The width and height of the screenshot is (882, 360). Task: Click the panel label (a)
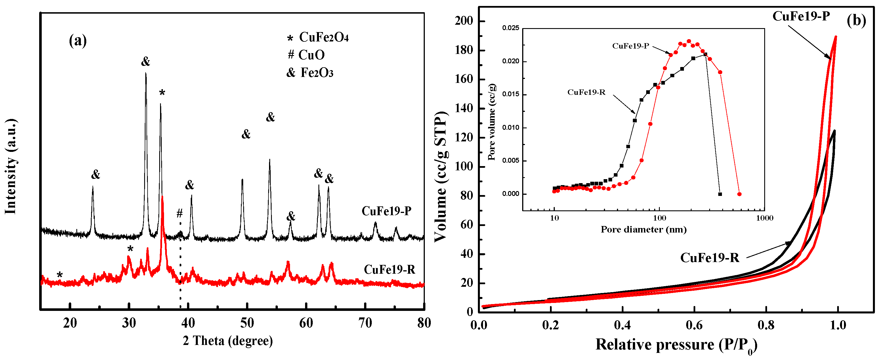pos(78,41)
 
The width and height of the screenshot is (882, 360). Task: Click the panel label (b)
pos(856,20)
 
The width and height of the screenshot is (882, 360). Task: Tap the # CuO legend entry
pos(306,55)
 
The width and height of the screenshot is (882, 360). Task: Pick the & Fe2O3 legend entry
pos(310,73)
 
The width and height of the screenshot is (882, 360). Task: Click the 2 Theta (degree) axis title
pos(228,341)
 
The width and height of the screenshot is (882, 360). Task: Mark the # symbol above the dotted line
pos(179,214)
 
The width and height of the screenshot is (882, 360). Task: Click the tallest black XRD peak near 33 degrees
pos(146,74)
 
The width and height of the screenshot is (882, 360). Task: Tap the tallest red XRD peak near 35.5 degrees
pos(162,198)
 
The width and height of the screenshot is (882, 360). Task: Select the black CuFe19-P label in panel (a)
pos(386,211)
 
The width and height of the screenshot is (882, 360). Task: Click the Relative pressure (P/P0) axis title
pos(676,345)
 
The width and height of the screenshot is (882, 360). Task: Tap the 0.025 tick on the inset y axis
pos(511,28)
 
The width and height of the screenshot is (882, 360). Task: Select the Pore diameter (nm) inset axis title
pos(643,229)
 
